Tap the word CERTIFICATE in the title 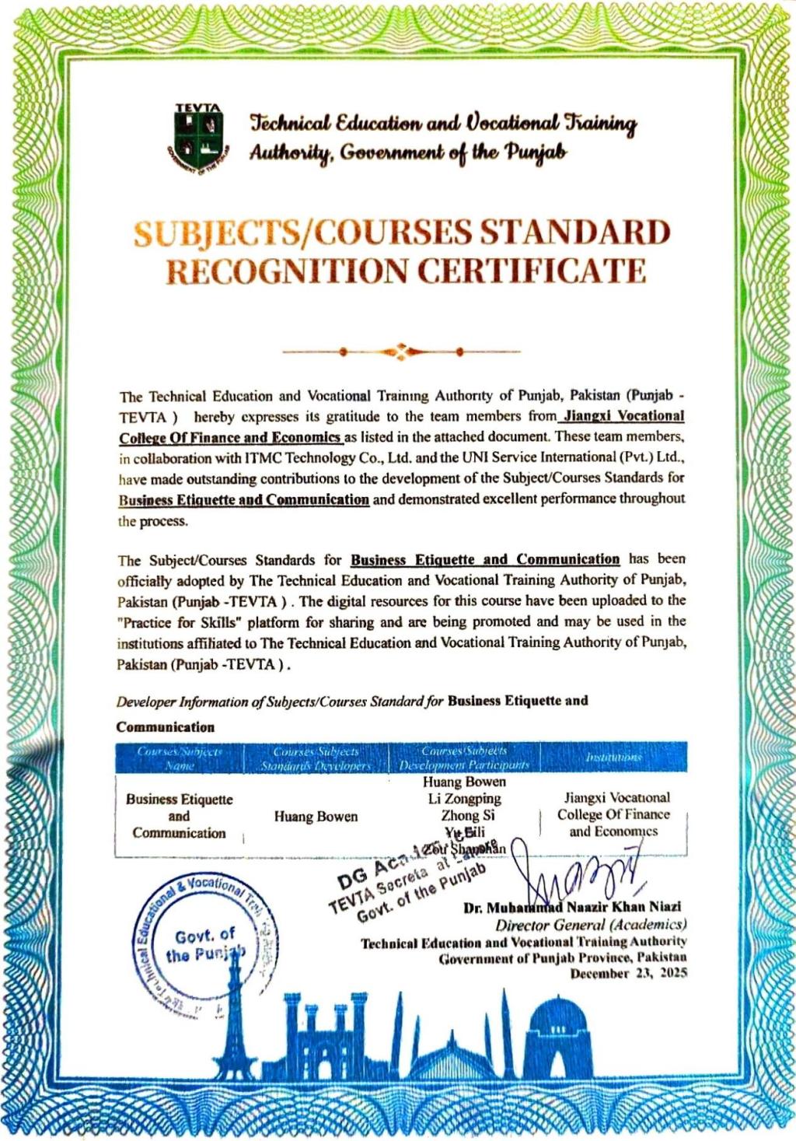point(532,271)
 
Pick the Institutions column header point(613,757)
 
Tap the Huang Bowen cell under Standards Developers point(316,817)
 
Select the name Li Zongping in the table point(464,799)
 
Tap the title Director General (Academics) point(591,926)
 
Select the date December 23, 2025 point(629,974)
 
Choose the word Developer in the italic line point(146,702)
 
